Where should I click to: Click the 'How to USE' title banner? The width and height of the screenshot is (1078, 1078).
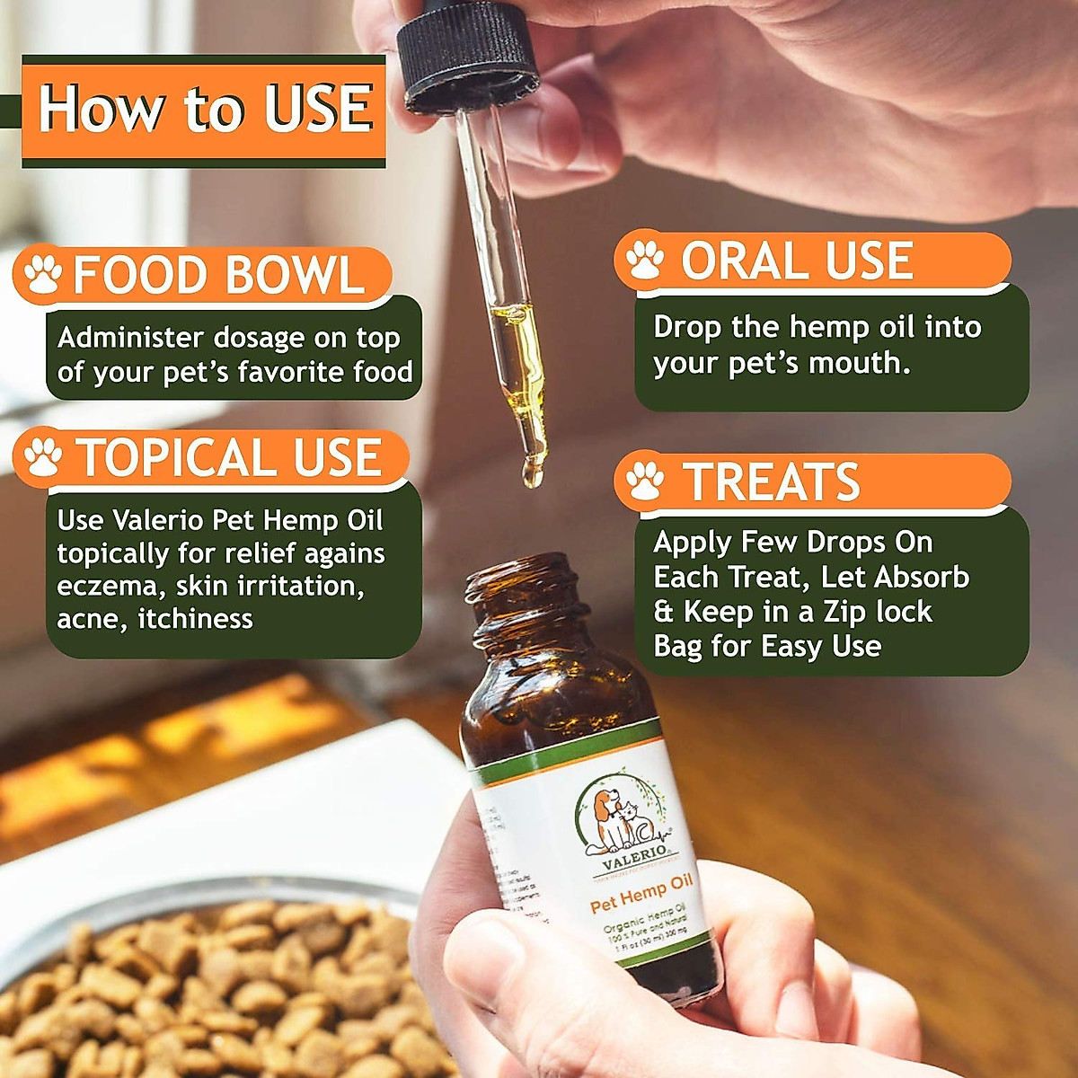point(204,110)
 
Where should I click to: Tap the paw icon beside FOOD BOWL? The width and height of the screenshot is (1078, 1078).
point(42,274)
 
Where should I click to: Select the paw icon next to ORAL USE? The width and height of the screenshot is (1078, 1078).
point(644,260)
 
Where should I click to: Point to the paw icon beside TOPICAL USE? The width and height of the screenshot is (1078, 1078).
point(42,456)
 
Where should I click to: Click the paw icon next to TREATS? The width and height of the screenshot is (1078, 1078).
point(644,481)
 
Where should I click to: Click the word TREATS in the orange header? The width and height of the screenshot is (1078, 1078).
point(771,482)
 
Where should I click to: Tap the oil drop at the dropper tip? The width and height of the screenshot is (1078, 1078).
point(533,474)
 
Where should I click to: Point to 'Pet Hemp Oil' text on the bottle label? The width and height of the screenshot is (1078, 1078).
point(641,893)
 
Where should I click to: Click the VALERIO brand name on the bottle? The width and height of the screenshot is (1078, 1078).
point(634,853)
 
